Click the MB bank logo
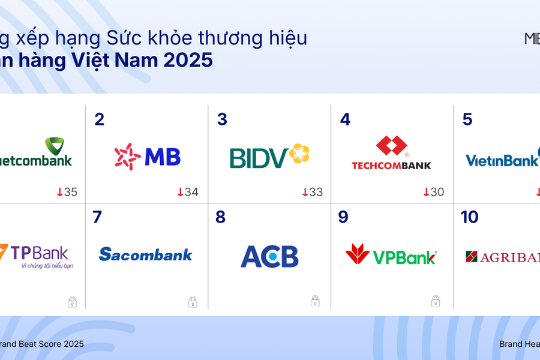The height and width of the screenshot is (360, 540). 148,157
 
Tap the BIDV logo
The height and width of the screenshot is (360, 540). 269,157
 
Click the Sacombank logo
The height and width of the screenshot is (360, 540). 146,254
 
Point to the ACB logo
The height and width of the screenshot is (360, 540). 269,256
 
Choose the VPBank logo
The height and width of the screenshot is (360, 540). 391,255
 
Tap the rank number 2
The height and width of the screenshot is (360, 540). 100,119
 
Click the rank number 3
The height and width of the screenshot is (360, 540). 222,119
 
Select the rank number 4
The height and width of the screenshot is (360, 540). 345,119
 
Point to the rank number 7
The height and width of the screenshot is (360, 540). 97,217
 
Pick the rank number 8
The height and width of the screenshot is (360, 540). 220,217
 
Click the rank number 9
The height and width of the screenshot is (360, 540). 343,217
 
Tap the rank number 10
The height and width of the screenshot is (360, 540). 469,217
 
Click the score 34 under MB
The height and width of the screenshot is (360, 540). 188,193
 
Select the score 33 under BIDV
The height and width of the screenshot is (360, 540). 312,193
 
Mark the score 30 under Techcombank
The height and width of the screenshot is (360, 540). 434,193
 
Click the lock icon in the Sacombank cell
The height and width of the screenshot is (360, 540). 193,301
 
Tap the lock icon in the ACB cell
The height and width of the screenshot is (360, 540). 315,301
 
